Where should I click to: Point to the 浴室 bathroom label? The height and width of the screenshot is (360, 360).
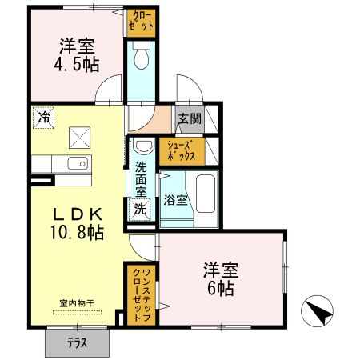point(176,200)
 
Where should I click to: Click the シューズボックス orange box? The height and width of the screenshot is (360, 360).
point(182,150)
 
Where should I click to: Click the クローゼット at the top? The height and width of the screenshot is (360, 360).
point(140,22)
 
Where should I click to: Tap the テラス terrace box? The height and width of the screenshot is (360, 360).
point(77,342)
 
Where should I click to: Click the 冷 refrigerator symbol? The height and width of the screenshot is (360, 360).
point(44,118)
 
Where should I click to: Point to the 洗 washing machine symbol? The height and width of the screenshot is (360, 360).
point(140,210)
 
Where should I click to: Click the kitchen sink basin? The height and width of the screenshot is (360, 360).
point(78,164)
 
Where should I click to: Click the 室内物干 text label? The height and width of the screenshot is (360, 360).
point(78,302)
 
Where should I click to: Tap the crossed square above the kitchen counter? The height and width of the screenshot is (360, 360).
point(81,137)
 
